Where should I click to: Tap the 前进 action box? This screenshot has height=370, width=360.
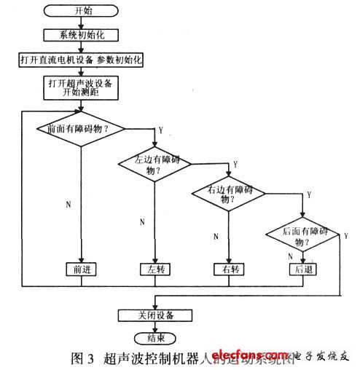79,268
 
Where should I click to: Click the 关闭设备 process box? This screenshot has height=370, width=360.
154,315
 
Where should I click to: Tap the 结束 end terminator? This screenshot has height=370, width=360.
154,338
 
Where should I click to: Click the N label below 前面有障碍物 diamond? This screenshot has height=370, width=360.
69,205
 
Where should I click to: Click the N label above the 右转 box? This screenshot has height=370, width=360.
216,236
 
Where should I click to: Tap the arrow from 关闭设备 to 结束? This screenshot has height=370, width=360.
155,326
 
